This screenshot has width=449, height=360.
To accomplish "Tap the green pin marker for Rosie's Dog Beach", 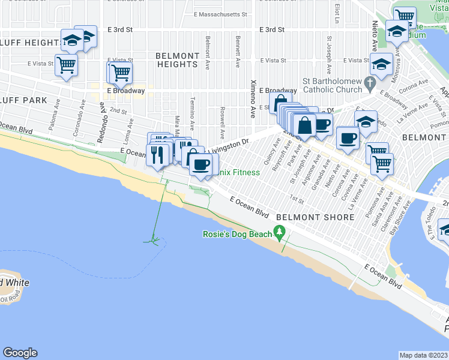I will (279, 231).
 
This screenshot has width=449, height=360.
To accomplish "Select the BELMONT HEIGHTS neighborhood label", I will (177, 60).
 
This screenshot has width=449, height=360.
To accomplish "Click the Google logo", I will (20, 353).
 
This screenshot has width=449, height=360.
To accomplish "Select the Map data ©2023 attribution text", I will (423, 355).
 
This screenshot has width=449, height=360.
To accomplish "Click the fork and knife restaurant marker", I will (158, 155).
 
